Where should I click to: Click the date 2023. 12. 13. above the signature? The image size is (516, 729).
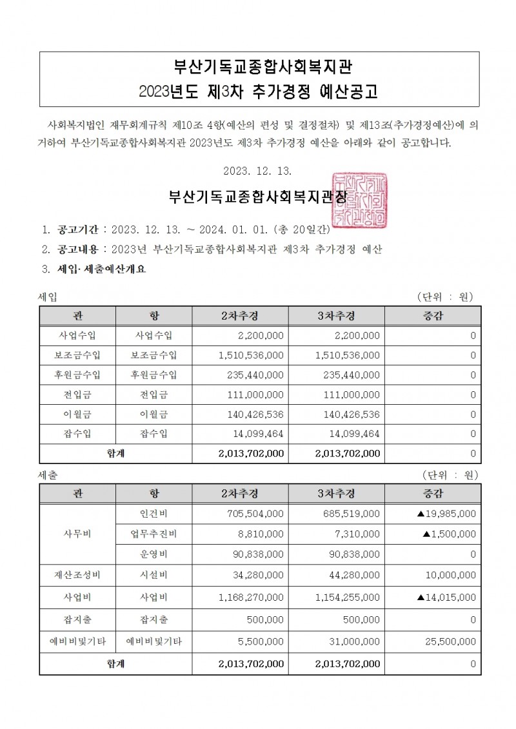coord(257,171)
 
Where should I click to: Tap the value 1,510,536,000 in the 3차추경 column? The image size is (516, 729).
coord(348,355)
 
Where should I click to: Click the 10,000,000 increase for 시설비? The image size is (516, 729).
coord(450,574)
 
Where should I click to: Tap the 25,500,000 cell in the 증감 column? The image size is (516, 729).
coord(450,641)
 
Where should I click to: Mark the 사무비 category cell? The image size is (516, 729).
coord(77,534)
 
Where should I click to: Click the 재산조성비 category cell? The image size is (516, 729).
coord(77,574)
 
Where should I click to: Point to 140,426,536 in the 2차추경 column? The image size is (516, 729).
coord(255,414)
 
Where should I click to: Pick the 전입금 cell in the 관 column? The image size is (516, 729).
coord(77,394)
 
